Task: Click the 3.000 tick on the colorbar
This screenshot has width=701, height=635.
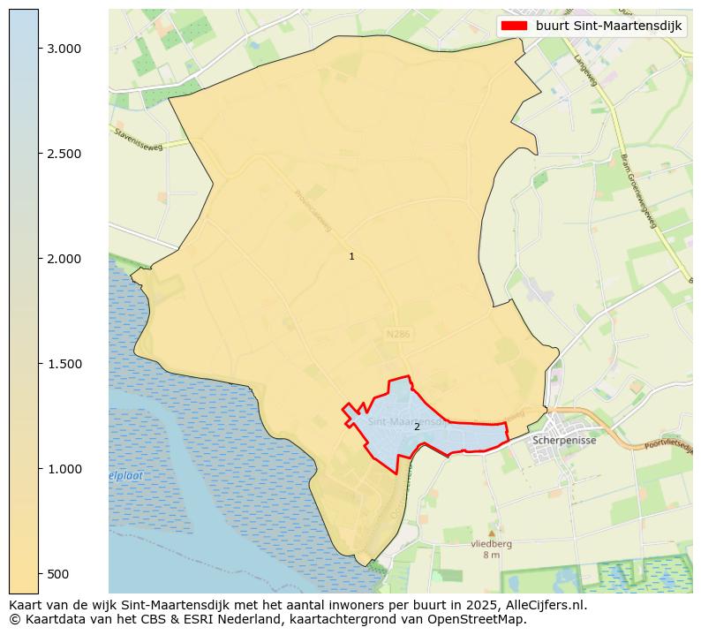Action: coord(65,49)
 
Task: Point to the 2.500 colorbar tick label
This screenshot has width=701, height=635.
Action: coord(65,154)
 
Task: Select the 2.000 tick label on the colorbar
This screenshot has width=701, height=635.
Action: coord(65,259)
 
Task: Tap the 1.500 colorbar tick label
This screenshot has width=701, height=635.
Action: coord(65,364)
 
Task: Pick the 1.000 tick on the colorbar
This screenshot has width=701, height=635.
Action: coord(65,469)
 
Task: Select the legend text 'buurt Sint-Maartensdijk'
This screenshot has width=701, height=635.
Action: coord(608,26)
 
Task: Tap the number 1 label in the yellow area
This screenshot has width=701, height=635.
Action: coord(351,256)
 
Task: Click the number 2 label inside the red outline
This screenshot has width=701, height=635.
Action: coord(417,427)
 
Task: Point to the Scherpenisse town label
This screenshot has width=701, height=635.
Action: coord(565,440)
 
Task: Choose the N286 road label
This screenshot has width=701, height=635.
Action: coord(398,335)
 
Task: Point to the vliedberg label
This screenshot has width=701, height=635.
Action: coord(491,545)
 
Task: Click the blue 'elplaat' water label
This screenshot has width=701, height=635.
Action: coord(125,476)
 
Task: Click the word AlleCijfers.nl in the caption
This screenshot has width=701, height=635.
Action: coord(542,606)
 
